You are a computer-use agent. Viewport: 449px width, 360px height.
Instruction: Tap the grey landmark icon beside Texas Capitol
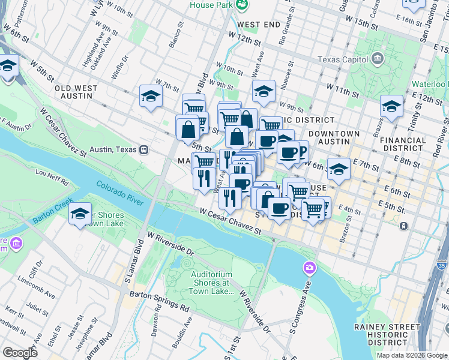tap(378, 59)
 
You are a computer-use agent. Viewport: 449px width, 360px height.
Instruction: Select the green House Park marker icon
tap(242, 5)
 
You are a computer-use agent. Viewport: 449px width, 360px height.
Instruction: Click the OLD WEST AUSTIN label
tap(76, 92)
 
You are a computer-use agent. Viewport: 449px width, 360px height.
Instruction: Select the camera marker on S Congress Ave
tap(310, 267)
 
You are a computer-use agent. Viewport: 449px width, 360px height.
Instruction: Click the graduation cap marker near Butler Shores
tap(80, 214)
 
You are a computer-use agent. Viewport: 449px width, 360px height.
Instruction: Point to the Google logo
tap(20, 352)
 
